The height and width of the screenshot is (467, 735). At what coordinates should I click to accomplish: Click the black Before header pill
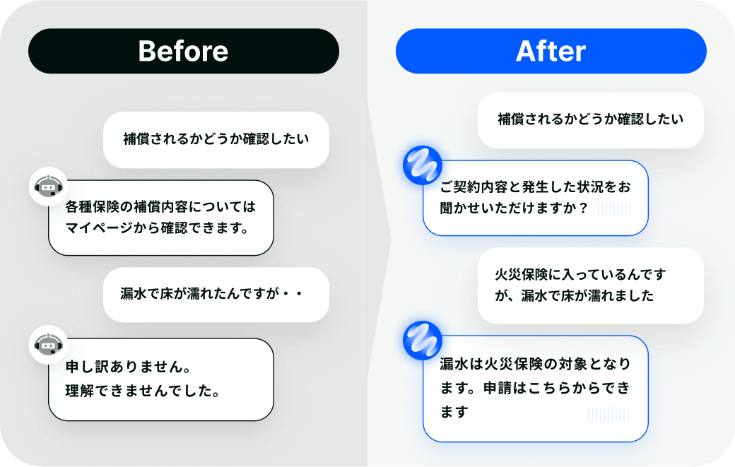pos(183,51)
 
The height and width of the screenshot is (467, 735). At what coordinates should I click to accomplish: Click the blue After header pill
pos(551,51)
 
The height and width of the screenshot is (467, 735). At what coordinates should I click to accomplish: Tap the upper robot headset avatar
pos(47,187)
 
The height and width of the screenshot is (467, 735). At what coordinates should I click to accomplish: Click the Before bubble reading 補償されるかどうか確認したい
pos(216,138)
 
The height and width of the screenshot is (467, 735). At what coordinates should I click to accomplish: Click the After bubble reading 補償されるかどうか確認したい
pos(590,119)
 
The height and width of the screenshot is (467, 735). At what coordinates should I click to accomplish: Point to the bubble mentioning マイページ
pos(160,218)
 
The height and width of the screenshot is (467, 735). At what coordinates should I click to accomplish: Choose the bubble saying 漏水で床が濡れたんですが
pos(216,295)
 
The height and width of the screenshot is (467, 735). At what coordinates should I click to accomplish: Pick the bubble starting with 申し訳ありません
pos(160,379)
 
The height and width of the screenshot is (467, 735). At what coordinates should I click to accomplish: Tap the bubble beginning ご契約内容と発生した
pos(535,198)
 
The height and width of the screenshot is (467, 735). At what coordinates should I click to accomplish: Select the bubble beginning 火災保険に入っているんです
pos(590,285)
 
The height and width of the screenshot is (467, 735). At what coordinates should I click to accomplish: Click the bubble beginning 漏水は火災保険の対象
pos(535,389)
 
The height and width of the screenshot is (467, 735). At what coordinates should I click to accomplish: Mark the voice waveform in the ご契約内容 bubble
pos(613,208)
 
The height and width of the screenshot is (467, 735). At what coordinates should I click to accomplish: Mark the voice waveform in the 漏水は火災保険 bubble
pos(608,415)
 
